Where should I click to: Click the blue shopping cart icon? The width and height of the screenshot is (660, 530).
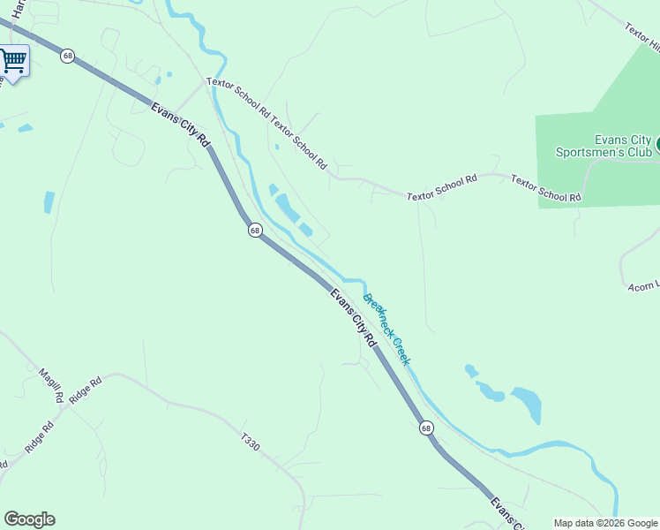pyautogui.click(x=13, y=61)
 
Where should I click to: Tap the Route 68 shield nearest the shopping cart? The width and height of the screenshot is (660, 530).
pyautogui.click(x=68, y=56)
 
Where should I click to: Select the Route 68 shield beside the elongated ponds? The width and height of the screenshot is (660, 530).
pyautogui.click(x=254, y=230)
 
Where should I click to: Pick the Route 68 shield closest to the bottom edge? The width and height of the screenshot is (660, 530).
pyautogui.click(x=426, y=428)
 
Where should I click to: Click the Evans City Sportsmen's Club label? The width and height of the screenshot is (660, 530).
pyautogui.click(x=610, y=146)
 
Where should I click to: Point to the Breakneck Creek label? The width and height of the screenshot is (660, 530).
pyautogui.click(x=388, y=329)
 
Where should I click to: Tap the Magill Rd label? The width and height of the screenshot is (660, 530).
pyautogui.click(x=51, y=386)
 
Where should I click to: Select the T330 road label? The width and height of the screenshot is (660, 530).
pyautogui.click(x=251, y=442)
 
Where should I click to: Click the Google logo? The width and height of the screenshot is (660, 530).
pyautogui.click(x=29, y=519)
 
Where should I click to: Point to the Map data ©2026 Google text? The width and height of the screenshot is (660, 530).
pyautogui.click(x=604, y=523)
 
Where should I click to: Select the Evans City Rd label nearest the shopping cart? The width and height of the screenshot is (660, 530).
pyautogui.click(x=182, y=125)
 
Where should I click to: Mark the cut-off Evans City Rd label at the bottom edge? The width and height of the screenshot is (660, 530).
pyautogui.click(x=502, y=512)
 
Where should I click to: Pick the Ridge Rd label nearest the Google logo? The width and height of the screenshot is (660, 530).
pyautogui.click(x=40, y=438)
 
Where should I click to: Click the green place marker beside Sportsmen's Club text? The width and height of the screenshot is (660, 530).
pyautogui.click(x=656, y=143)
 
